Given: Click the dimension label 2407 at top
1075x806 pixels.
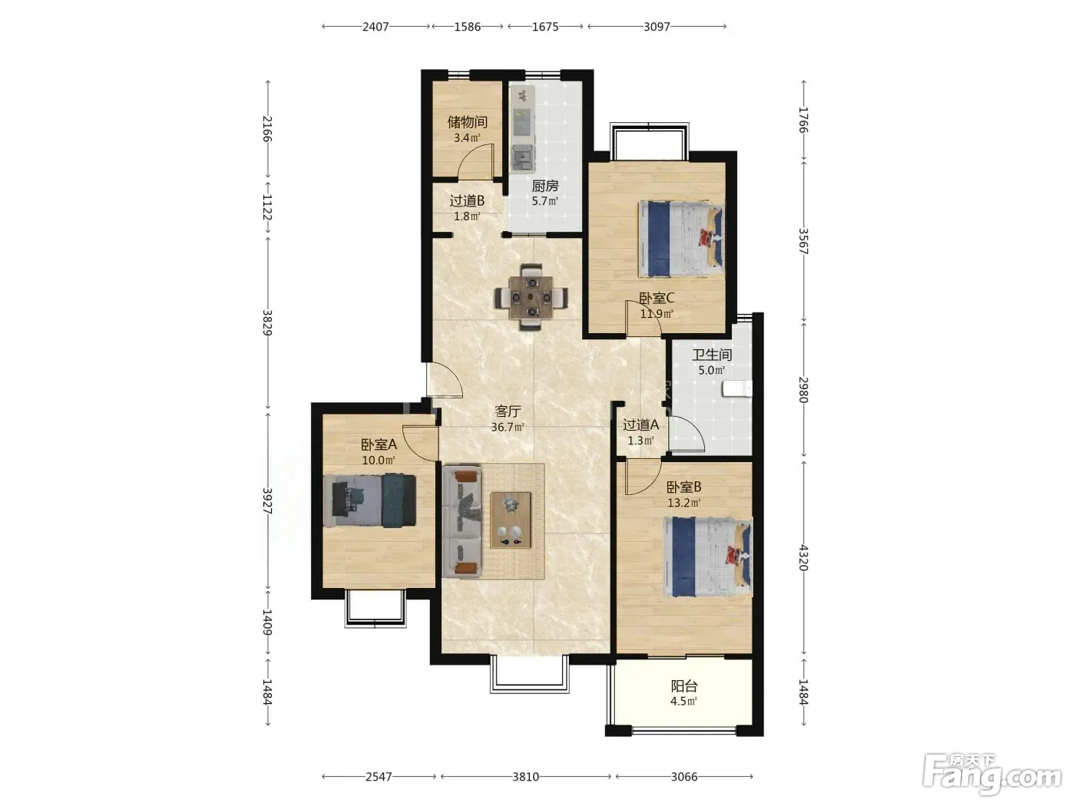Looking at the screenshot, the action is tap(375, 26).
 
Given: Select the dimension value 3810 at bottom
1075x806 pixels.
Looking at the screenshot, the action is tap(525, 777).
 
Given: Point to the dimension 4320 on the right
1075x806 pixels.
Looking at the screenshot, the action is tap(803, 557).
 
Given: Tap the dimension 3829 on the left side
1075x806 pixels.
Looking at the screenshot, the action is tap(267, 322).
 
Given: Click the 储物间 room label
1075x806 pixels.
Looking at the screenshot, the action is tap(467, 121).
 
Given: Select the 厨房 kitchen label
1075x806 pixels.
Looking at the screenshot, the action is tap(545, 186).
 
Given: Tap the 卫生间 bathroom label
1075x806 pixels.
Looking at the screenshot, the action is tap(712, 355).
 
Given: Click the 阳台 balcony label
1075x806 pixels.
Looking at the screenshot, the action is tap(683, 685).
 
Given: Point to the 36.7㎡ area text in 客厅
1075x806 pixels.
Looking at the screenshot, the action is tap(508, 428).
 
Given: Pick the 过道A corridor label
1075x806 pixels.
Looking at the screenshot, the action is tap(640, 424).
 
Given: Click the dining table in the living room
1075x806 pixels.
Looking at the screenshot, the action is tap(531, 297).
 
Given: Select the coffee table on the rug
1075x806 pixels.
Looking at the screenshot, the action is tap(511, 520).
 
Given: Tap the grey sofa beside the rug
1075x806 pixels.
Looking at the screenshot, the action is tap(461, 521).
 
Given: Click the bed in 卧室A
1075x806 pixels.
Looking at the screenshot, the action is tap(370, 500).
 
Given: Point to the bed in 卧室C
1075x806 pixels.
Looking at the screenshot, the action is tap(681, 239).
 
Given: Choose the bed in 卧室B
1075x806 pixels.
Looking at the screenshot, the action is tap(708, 557).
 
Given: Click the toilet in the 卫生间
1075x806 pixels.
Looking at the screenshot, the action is tap(737, 388).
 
